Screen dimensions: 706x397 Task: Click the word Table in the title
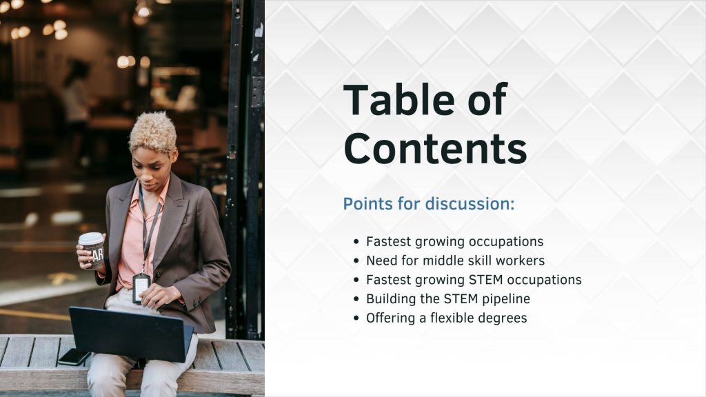click(399, 99)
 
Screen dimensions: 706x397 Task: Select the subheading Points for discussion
click(429, 204)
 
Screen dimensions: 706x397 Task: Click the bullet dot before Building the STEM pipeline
click(356, 299)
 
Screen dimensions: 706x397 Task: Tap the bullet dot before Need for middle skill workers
click(356, 261)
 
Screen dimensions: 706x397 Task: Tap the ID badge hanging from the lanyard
click(141, 287)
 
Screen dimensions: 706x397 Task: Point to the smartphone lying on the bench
click(74, 357)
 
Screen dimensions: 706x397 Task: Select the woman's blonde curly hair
click(153, 132)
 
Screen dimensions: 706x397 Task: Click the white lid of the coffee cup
click(90, 238)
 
